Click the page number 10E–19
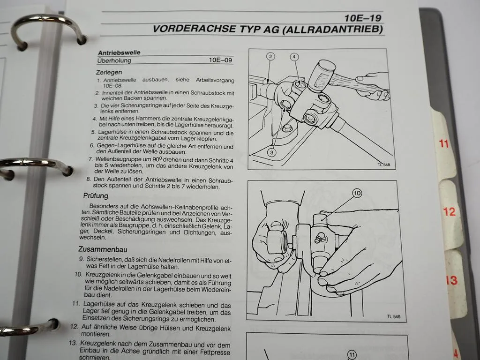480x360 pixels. click(363, 18)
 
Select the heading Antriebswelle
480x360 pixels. click(119, 52)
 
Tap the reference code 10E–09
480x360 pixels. click(220, 60)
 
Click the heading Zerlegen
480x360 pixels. click(109, 73)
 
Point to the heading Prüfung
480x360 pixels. click(96, 196)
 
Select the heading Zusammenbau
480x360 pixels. click(103, 249)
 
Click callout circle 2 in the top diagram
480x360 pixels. click(270, 56)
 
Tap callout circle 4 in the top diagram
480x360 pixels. click(294, 57)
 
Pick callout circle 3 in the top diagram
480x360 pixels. click(272, 152)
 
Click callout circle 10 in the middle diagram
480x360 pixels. click(357, 193)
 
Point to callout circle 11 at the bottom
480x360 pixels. click(352, 355)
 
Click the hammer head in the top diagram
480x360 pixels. click(321, 75)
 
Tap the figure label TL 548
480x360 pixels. click(384, 165)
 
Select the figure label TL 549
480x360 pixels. click(394, 316)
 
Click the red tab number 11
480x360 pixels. click(443, 143)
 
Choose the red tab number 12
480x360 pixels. click(449, 211)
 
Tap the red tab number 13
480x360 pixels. click(452, 280)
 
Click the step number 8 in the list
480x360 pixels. click(88, 179)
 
